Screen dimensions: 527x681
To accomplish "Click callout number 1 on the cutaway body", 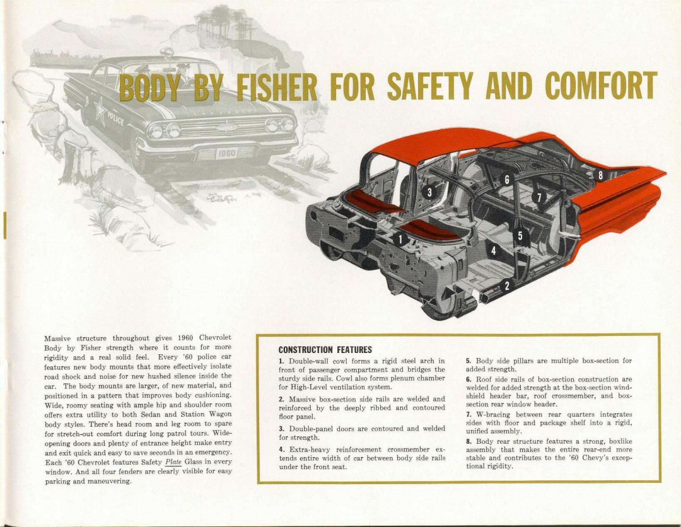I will pyautogui.click(x=401, y=238).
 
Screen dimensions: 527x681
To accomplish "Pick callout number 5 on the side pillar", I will pyautogui.click(x=521, y=236).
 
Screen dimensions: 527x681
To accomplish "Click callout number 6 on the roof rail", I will pyautogui.click(x=506, y=178).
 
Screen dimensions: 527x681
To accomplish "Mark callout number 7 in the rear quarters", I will pyautogui.click(x=539, y=197).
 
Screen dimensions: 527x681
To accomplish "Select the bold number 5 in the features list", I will pyautogui.click(x=469, y=361).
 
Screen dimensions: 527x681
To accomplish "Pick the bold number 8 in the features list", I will pyautogui.click(x=469, y=442).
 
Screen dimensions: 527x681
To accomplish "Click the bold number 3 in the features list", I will pyautogui.click(x=281, y=429).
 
